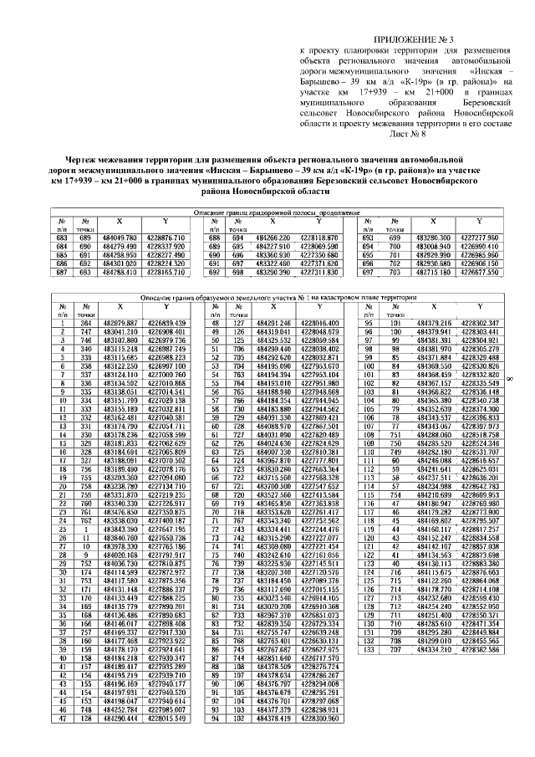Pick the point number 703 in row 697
coord(390,272)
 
